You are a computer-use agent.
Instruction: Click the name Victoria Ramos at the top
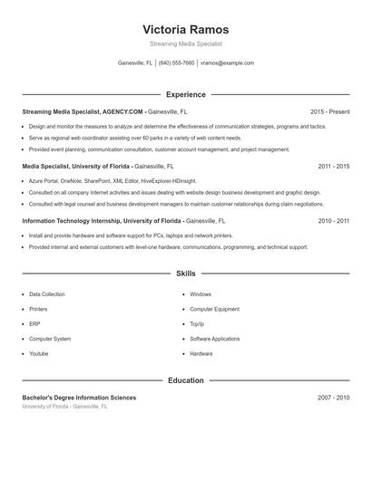(x=186, y=29)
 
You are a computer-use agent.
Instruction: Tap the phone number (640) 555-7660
(x=176, y=63)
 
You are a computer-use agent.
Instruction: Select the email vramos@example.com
(x=227, y=63)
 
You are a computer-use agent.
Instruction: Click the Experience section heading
(x=186, y=94)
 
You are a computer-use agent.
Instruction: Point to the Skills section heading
(x=186, y=274)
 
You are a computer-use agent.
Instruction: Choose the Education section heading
(x=186, y=380)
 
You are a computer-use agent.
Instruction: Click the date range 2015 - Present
(x=329, y=111)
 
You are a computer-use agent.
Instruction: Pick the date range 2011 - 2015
(x=334, y=167)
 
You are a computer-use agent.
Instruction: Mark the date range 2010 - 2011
(x=334, y=221)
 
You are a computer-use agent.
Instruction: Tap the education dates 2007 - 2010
(x=334, y=398)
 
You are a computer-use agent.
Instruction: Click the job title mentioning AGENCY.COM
(x=83, y=111)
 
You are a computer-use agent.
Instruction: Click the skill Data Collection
(x=47, y=294)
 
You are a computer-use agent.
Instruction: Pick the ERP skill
(x=34, y=324)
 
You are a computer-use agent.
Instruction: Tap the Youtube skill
(x=39, y=353)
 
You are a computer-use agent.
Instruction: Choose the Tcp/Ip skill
(x=197, y=324)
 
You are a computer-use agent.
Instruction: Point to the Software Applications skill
(x=215, y=339)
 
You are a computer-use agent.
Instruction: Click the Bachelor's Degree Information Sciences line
(x=79, y=398)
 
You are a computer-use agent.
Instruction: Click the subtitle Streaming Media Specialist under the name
(x=186, y=43)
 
